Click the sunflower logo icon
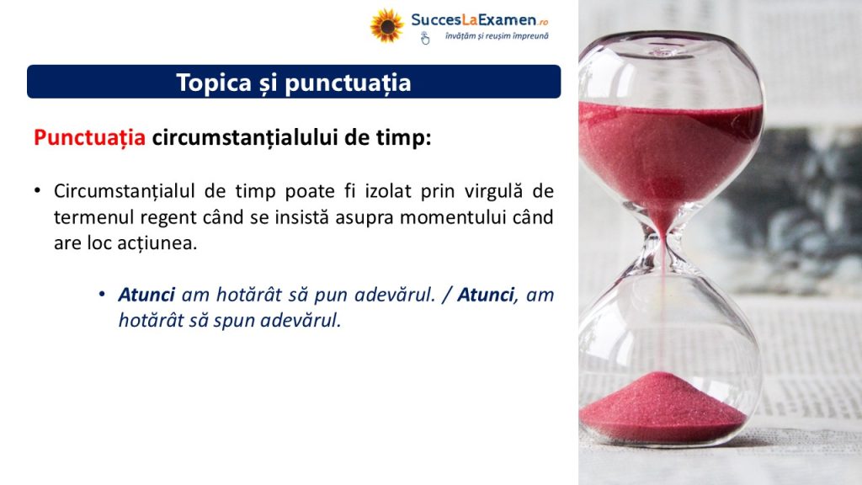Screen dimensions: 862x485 pos(387,26)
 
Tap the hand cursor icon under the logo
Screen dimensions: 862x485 pos(425,38)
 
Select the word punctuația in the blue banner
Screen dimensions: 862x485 pos(348,83)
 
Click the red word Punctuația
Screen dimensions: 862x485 pos(89,137)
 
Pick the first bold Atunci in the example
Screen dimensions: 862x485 pos(146,295)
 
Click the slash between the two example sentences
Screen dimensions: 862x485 pos(446,295)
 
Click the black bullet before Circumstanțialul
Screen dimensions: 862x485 pos(37,191)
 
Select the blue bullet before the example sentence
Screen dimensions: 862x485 pos(102,294)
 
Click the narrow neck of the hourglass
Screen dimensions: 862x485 pos(663,244)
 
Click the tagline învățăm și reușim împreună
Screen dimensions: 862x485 pos(497,36)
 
